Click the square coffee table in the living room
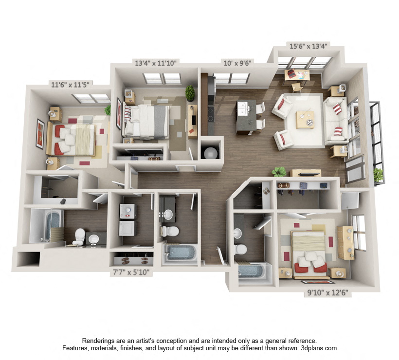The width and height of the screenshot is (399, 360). point(305,119)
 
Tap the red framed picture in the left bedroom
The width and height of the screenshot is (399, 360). point(40,133)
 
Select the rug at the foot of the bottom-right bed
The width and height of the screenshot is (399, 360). point(318,282)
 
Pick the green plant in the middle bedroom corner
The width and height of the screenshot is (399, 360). point(190,92)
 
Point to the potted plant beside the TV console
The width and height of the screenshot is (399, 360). point(279,172)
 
